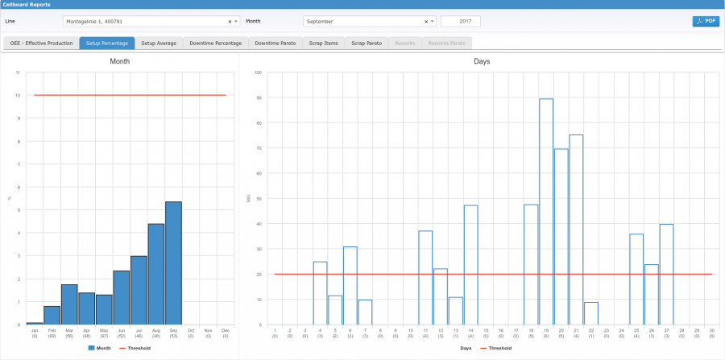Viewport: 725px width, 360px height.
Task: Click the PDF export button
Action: pos(706,21)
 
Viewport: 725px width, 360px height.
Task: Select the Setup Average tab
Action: pos(159,43)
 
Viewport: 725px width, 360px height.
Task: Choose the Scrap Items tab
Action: pos(324,43)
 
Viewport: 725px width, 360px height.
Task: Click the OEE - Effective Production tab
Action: pos(40,43)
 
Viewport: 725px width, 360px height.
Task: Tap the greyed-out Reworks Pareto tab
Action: pos(446,43)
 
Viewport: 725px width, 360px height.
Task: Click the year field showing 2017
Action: pos(460,22)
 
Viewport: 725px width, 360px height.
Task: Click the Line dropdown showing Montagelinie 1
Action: pos(150,22)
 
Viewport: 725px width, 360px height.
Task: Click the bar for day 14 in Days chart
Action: pos(471,265)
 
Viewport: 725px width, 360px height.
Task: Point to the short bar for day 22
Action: pos(591,313)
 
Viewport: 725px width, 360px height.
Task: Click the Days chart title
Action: pos(483,61)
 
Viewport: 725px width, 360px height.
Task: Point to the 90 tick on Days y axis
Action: pos(259,97)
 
